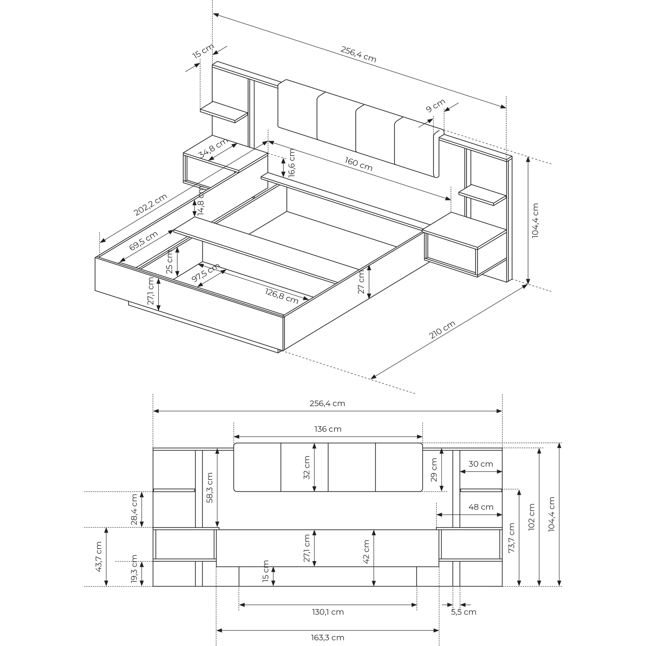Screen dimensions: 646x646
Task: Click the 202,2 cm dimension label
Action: [151, 205]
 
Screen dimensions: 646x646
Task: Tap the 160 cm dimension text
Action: [359, 164]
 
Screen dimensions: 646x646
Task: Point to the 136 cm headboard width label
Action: [328, 429]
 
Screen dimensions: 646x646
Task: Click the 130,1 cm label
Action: [328, 612]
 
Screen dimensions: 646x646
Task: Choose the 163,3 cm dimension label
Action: [327, 638]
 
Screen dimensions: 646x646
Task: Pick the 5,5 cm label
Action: [464, 612]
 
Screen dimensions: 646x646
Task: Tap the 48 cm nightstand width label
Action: [481, 507]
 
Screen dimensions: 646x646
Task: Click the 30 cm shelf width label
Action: [481, 464]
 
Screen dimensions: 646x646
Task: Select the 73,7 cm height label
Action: [511, 538]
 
